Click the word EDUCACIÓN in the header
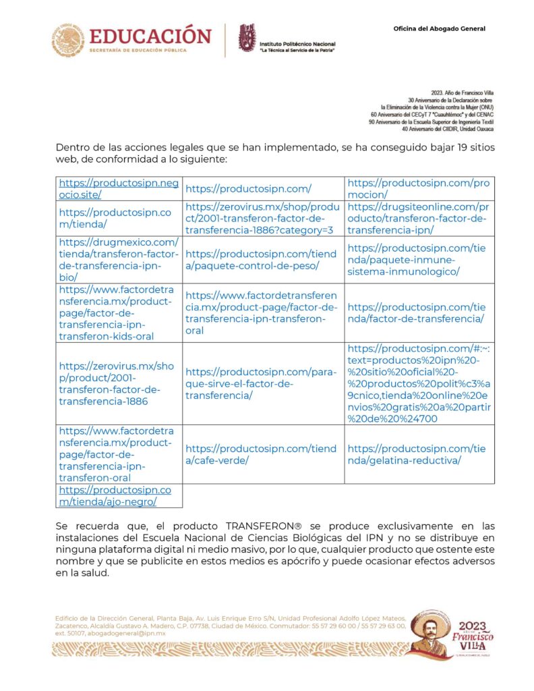point(150,35)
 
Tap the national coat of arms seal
point(68,40)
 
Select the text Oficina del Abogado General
point(439,28)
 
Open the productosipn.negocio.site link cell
point(118,188)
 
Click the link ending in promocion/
point(418,188)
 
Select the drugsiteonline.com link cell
point(418,218)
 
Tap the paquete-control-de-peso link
point(260,260)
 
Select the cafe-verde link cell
point(260,454)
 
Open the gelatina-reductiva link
point(418,454)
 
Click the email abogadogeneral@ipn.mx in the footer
point(121,634)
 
